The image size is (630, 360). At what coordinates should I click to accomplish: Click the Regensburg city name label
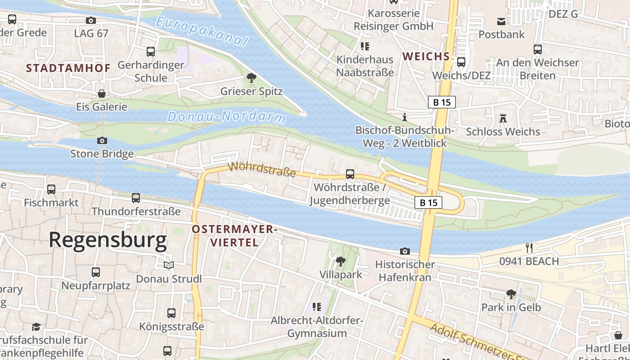108,240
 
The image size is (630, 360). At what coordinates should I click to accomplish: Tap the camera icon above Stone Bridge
102,140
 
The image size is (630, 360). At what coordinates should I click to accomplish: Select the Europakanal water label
202,31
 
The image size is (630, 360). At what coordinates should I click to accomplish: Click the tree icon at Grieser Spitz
251,78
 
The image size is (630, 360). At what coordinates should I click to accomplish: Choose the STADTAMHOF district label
68,68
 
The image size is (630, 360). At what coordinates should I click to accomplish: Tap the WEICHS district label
426,56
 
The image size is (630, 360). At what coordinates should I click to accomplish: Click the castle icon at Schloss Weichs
503,118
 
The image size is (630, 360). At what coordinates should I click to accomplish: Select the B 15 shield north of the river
441,102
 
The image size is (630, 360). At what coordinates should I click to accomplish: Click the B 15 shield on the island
428,202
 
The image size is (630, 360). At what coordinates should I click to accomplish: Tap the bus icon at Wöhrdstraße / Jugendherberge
350,174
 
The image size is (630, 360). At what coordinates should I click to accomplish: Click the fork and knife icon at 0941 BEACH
529,247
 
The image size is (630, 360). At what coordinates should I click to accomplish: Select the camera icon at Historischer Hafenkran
405,251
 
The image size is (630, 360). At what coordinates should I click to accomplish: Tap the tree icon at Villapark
341,261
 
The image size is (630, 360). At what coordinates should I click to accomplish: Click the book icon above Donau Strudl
168,265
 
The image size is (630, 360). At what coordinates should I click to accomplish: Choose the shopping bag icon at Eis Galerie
102,94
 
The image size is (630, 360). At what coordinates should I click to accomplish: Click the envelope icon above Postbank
501,21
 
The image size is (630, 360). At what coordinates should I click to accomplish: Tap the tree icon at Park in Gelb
511,294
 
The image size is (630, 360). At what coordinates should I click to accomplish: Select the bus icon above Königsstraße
171,313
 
